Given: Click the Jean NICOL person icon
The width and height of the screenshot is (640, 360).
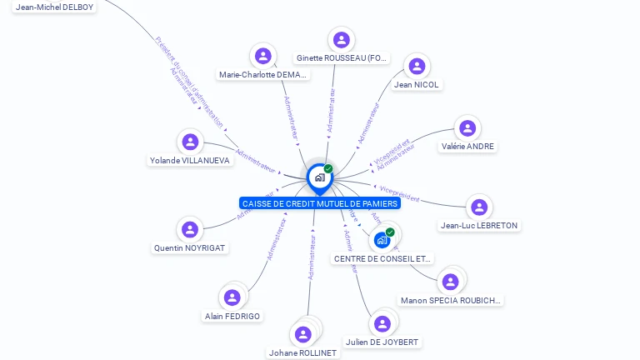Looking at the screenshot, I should (417, 66).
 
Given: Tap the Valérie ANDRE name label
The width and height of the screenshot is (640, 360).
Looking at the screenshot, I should (467, 147).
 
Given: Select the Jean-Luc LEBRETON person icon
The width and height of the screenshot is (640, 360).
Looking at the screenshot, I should (478, 207).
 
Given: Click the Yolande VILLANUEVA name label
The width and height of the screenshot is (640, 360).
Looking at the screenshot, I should (190, 161).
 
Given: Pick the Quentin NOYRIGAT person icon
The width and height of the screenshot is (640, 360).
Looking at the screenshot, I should (190, 229).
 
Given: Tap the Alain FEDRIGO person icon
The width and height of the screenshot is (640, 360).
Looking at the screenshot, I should (232, 297).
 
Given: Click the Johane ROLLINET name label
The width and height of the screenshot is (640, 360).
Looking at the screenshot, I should (303, 353).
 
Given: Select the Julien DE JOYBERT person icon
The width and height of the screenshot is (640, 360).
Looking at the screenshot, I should (382, 323).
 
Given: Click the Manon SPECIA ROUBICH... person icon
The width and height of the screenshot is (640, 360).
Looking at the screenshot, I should (451, 282).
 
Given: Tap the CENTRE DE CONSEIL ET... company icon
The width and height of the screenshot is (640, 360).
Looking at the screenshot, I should (382, 240).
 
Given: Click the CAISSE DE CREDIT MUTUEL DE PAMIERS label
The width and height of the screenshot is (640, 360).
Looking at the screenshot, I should (320, 203).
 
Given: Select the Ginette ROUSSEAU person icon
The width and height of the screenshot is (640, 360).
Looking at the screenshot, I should (341, 39).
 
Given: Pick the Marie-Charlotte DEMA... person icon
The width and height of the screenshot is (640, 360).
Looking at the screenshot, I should (263, 56).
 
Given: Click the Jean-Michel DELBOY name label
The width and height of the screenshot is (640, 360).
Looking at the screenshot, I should (55, 7).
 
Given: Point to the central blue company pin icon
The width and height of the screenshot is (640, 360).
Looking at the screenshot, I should (319, 177).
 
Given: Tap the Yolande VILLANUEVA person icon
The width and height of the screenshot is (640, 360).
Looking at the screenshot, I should (190, 142).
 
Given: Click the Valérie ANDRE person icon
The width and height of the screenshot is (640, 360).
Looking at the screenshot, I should (467, 127).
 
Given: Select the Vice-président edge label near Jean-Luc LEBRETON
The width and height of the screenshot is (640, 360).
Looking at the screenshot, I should (399, 194).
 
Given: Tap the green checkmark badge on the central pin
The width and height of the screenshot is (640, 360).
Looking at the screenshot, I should (328, 168).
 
